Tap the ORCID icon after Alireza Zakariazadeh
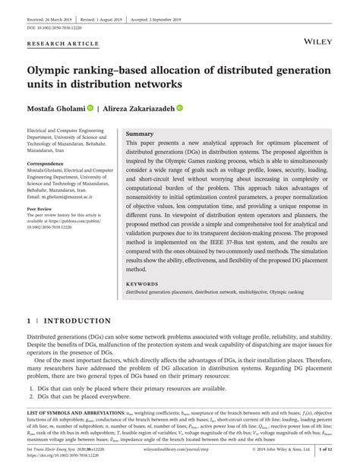(181, 108)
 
